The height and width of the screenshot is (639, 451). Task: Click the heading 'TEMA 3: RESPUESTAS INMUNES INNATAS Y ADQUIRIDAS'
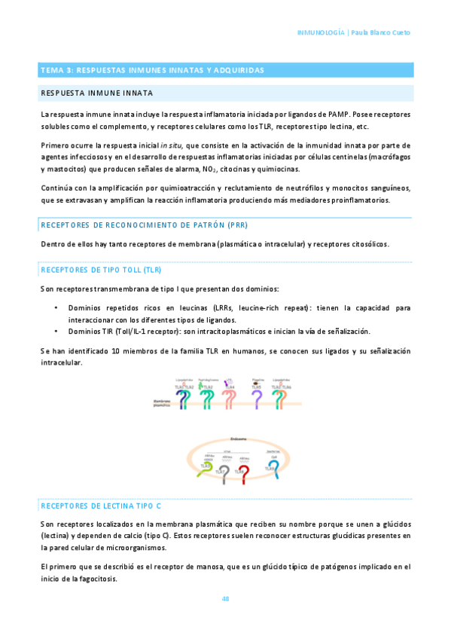(x=151, y=70)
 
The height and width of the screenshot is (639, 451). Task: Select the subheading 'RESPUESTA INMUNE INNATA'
(x=96, y=93)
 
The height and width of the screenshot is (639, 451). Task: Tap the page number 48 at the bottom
(x=225, y=599)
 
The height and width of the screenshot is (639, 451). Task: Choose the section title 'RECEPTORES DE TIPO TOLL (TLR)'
(x=101, y=269)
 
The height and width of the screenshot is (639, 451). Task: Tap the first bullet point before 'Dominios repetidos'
(x=57, y=307)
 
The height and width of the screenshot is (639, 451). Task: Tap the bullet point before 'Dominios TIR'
(x=57, y=332)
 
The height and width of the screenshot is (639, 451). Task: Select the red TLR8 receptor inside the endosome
(x=245, y=474)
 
